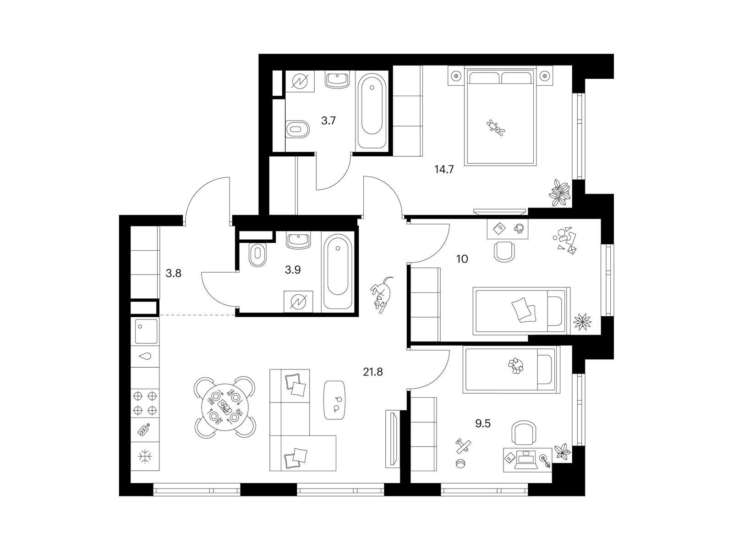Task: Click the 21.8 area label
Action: tap(372, 372)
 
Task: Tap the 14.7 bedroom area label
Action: tap(444, 170)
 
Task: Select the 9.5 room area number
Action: tap(483, 424)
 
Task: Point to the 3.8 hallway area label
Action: tap(173, 274)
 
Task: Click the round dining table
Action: tap(225, 407)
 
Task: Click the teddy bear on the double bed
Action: tap(496, 128)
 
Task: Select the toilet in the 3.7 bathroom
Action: tap(297, 129)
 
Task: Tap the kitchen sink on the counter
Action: tap(146, 331)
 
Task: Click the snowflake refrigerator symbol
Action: tap(145, 456)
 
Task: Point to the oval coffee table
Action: tap(334, 400)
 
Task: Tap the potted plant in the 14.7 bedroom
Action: tap(560, 192)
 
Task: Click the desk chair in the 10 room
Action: tap(504, 252)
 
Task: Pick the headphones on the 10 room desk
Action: tap(518, 228)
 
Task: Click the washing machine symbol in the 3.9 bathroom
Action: tap(298, 302)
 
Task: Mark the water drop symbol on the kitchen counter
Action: tap(145, 356)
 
